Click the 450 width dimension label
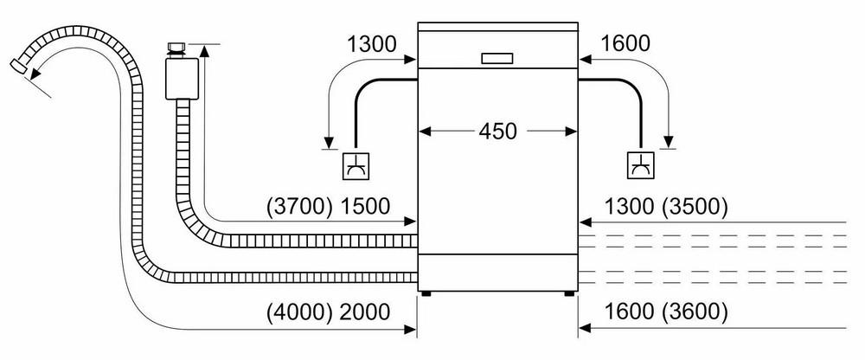pyautogui.click(x=497, y=132)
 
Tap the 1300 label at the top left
pyautogui.click(x=372, y=43)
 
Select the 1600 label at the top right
pyautogui.click(x=625, y=43)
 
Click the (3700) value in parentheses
pyautogui.click(x=299, y=207)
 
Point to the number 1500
pyautogui.click(x=365, y=207)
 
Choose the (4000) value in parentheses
pyautogui.click(x=299, y=312)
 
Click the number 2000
pyautogui.click(x=365, y=312)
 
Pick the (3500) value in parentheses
pyautogui.click(x=695, y=207)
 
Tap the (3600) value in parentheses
pyautogui.click(x=695, y=312)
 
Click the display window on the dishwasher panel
pyautogui.click(x=497, y=59)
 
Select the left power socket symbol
pyautogui.click(x=356, y=164)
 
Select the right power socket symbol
pyautogui.click(x=640, y=164)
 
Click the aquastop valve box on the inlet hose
pyautogui.click(x=182, y=79)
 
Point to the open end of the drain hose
pyautogui.click(x=18, y=67)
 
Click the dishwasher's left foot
pyautogui.click(x=426, y=293)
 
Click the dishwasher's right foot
pyautogui.click(x=569, y=293)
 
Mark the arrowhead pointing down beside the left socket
pyautogui.click(x=330, y=143)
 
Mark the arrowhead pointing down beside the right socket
pyautogui.click(x=670, y=143)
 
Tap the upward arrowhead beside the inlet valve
pyautogui.click(x=205, y=50)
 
